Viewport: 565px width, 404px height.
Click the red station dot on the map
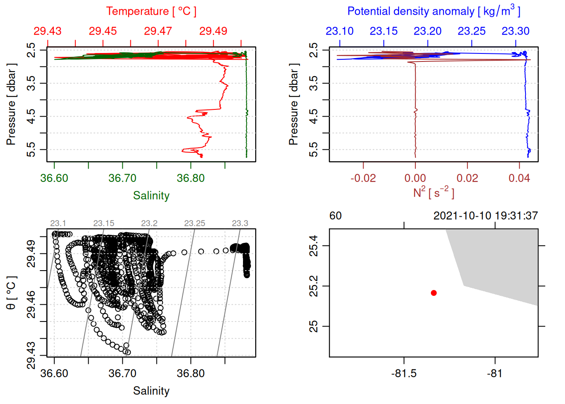click(x=433, y=293)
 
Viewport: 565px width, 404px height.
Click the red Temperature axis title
click(x=151, y=11)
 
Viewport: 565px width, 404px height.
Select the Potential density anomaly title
click(x=433, y=11)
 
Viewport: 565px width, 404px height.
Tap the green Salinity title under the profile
click(x=151, y=196)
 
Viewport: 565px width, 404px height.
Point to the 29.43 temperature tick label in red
click(x=48, y=31)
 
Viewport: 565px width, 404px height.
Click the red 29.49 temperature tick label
click(x=213, y=31)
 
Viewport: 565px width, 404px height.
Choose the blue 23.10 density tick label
click(x=340, y=31)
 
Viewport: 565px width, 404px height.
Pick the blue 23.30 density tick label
click(x=515, y=31)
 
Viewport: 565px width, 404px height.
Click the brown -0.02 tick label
click(x=363, y=178)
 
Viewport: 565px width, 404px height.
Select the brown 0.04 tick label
click(x=519, y=178)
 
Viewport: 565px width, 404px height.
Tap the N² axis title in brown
click(x=433, y=193)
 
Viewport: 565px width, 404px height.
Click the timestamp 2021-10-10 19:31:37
click(x=486, y=216)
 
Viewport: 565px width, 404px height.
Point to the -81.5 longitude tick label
click(x=404, y=374)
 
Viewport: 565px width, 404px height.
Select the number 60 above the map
click(x=335, y=216)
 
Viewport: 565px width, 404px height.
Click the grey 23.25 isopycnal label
click(x=195, y=223)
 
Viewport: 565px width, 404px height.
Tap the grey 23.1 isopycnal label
click(x=58, y=223)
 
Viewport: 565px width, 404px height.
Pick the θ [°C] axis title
click(x=11, y=293)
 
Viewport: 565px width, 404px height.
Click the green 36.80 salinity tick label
click(x=191, y=178)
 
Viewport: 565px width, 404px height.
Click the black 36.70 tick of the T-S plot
click(x=122, y=374)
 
